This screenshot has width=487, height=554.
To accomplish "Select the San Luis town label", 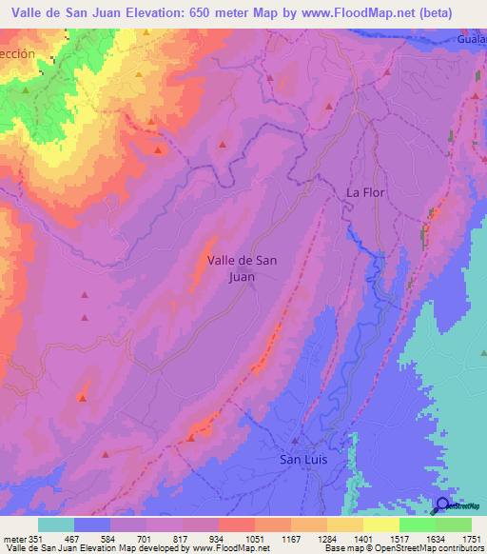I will [304, 459].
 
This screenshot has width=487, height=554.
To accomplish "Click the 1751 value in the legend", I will [471, 539].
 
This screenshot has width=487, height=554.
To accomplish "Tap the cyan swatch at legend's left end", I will [56, 524].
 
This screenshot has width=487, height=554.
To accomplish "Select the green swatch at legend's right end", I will [453, 524].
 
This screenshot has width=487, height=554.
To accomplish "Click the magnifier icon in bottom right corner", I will [443, 506].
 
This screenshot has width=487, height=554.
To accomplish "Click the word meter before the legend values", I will [13, 539].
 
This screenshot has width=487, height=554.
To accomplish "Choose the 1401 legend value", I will [362, 539].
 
